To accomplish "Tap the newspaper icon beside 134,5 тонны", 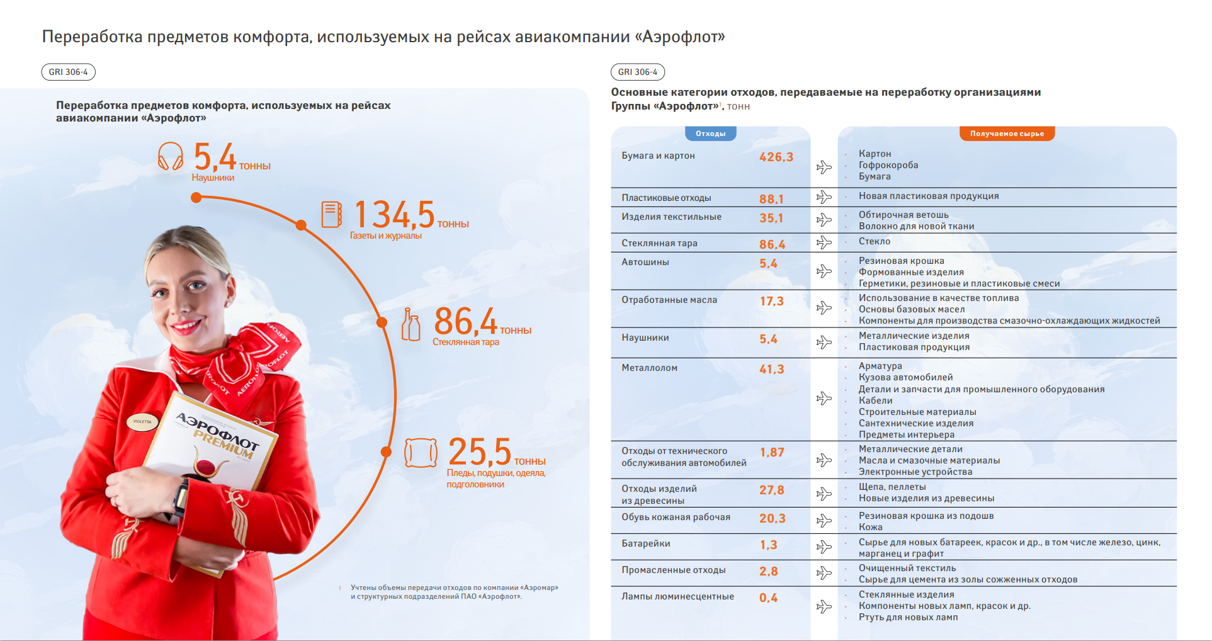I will click(x=331, y=214).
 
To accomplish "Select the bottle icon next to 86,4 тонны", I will click(x=411, y=324).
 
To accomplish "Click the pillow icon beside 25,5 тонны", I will click(x=421, y=453).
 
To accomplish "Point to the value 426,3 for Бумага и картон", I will click(x=776, y=157).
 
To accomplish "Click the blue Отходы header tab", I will click(x=710, y=133).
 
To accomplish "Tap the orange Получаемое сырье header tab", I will click(x=1006, y=133).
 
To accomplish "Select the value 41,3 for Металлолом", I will click(x=771, y=369).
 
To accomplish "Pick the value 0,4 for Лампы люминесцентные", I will click(x=768, y=598).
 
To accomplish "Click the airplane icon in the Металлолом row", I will click(x=824, y=399).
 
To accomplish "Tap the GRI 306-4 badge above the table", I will click(x=637, y=72).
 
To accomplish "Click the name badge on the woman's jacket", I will click(x=142, y=422).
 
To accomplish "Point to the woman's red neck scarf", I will click(x=239, y=359).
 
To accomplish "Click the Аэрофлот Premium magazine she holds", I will click(x=214, y=453).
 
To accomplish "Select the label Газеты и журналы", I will click(x=385, y=235).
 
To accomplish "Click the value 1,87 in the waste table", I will click(x=771, y=452).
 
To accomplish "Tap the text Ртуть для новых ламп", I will click(x=908, y=617).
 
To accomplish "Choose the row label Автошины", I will click(x=645, y=262).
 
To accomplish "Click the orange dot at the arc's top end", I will click(x=196, y=198).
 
